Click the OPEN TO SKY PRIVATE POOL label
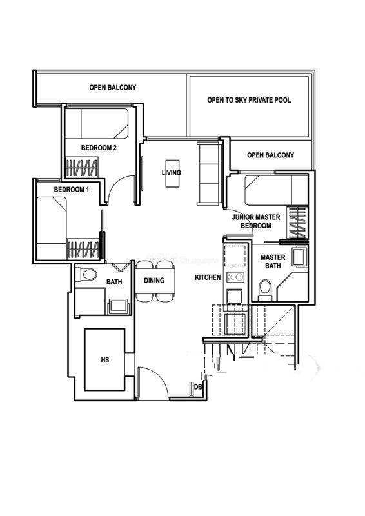(x=249, y=100)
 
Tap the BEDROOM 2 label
(x=99, y=148)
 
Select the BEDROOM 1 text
(x=72, y=190)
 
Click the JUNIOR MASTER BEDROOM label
(x=256, y=221)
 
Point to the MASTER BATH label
(x=273, y=261)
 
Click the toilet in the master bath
(x=264, y=290)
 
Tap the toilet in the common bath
(x=86, y=274)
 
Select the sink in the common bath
(x=119, y=306)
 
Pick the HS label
(x=105, y=360)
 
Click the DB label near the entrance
(x=198, y=387)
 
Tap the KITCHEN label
(x=208, y=277)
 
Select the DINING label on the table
(x=154, y=281)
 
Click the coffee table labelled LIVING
(x=172, y=174)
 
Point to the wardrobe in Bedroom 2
(x=82, y=168)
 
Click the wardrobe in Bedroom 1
(x=83, y=249)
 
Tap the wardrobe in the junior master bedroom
(x=297, y=222)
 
